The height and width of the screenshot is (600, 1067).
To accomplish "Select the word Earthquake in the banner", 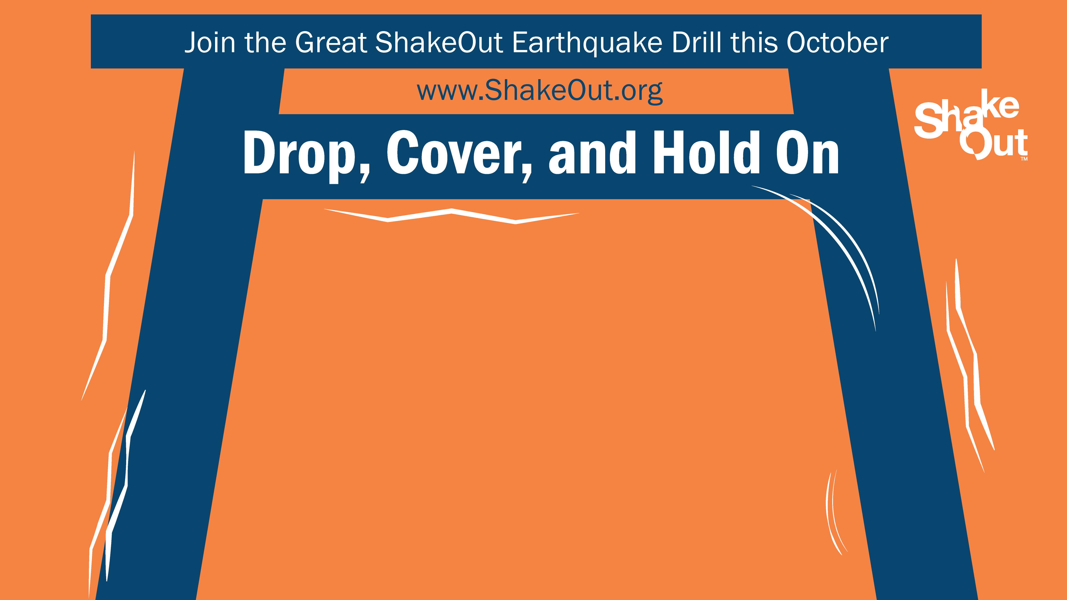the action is click(x=587, y=43).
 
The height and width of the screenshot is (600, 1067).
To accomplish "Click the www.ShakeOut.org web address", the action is click(x=540, y=91).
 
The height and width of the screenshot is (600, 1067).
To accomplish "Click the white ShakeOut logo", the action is click(x=971, y=124).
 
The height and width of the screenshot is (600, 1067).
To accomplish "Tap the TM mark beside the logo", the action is click(x=1024, y=159).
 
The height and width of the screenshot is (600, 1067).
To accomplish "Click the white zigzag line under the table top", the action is click(x=452, y=216).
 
